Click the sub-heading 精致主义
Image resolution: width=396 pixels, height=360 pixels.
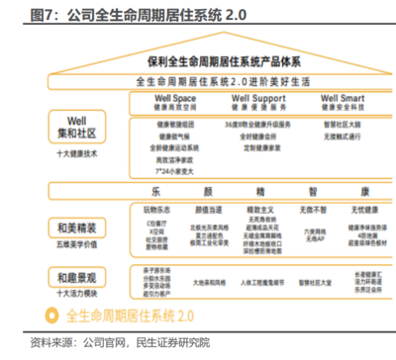(x=255, y=210)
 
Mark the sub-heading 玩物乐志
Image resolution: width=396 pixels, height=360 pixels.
(x=156, y=210)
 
